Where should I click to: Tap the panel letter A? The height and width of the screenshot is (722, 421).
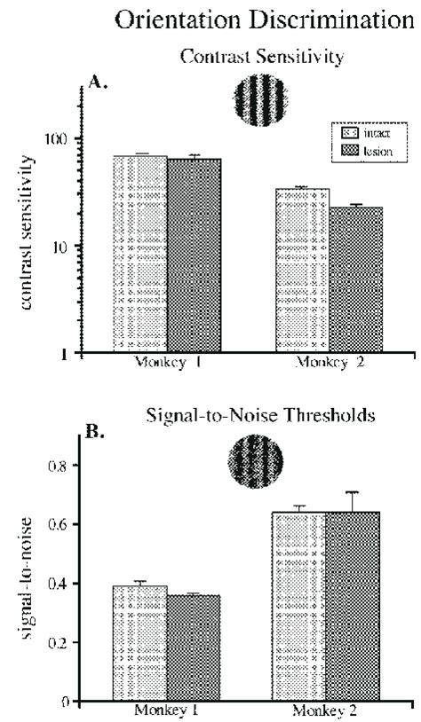pyautogui.click(x=98, y=82)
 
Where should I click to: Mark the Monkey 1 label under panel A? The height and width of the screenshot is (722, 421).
pyautogui.click(x=169, y=363)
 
